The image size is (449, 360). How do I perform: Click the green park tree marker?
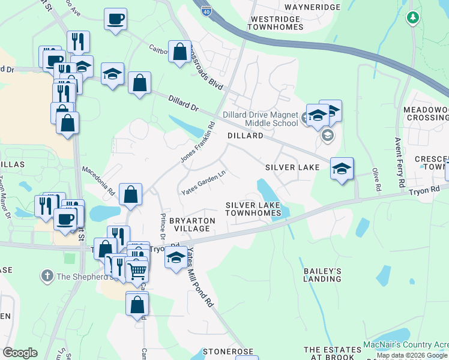coord(412,18)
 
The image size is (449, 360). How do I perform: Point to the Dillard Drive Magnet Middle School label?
coord(260,119)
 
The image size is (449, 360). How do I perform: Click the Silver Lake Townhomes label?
coord(253,209)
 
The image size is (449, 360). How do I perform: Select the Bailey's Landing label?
coord(322,275)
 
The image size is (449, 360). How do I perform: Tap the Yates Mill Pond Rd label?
coord(200,278)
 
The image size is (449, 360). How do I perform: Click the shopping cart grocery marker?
coord(137,271)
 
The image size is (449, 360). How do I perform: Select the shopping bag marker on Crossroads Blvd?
coord(179,52)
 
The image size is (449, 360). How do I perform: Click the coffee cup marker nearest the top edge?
coord(115,19)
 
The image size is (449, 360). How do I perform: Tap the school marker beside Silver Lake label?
coord(342,169)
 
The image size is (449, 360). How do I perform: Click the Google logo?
coord(20,353)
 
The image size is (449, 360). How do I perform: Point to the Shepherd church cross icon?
coord(47,277)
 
